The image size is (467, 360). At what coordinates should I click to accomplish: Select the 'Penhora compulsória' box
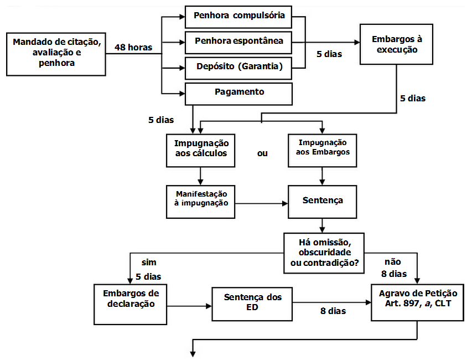pos(239,16)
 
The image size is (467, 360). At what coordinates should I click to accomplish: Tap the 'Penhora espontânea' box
pos(239,42)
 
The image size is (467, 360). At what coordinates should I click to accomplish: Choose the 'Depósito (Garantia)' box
pos(239,67)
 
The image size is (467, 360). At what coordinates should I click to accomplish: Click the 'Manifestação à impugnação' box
pos(201,199)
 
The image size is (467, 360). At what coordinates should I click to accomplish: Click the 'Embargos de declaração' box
pos(131,304)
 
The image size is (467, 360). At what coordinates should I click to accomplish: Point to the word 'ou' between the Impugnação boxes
pos(262,153)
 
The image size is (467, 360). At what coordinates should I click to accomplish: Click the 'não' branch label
pos(393,262)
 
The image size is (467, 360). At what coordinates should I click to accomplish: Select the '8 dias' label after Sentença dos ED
pos(333,311)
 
